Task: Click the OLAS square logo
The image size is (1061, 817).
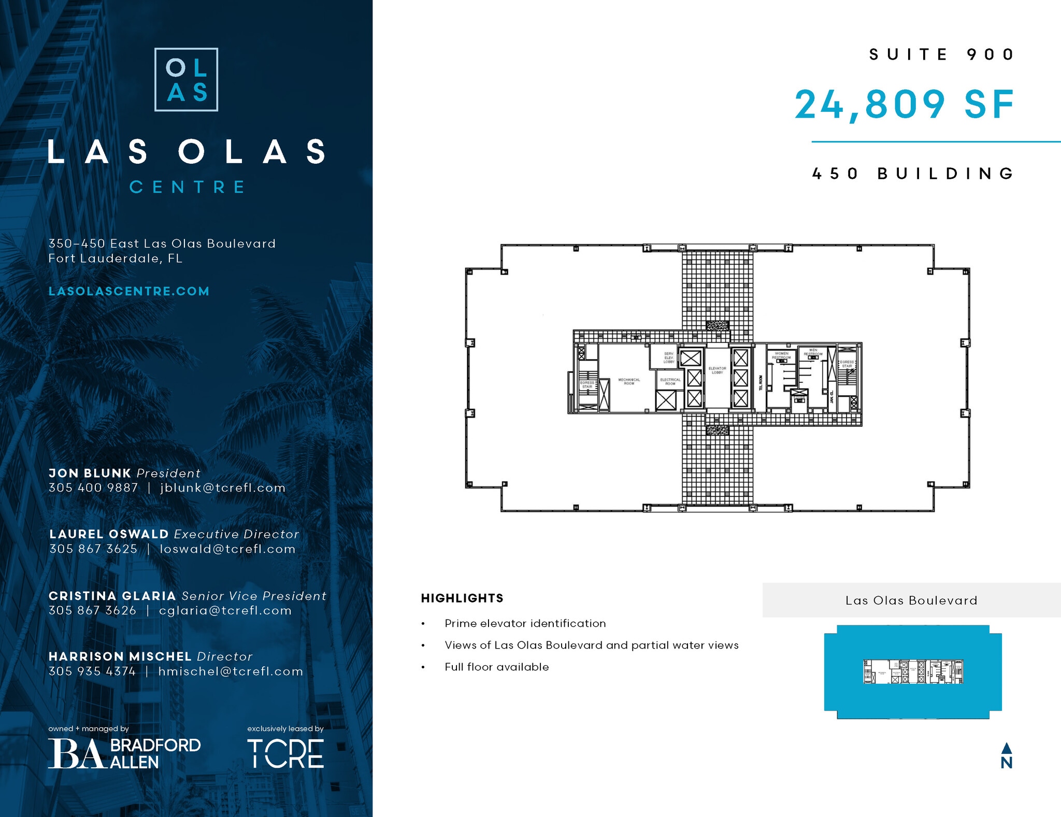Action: click(186, 80)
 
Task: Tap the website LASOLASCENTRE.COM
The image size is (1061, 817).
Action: click(129, 291)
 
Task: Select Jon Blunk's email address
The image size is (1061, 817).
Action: click(223, 488)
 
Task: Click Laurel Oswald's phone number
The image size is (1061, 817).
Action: click(93, 549)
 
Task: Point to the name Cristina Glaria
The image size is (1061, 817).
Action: click(112, 596)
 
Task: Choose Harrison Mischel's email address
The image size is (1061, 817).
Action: click(231, 671)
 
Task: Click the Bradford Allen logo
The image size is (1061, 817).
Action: click(124, 753)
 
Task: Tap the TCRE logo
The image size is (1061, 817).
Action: click(285, 754)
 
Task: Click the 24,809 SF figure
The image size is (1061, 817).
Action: click(904, 105)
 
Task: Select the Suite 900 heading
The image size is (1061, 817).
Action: click(941, 54)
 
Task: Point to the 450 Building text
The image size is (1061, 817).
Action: click(913, 174)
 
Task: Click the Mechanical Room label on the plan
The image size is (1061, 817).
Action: click(629, 381)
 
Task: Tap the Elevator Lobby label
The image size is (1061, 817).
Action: click(717, 370)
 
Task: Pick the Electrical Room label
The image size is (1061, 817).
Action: click(670, 381)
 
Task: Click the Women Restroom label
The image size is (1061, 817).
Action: click(781, 355)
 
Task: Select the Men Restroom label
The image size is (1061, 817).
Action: click(813, 352)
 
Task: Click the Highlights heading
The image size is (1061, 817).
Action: click(462, 598)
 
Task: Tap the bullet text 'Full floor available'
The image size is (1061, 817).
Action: click(496, 667)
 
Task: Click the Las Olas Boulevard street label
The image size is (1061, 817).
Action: click(911, 600)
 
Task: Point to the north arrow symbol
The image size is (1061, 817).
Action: click(1006, 756)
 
